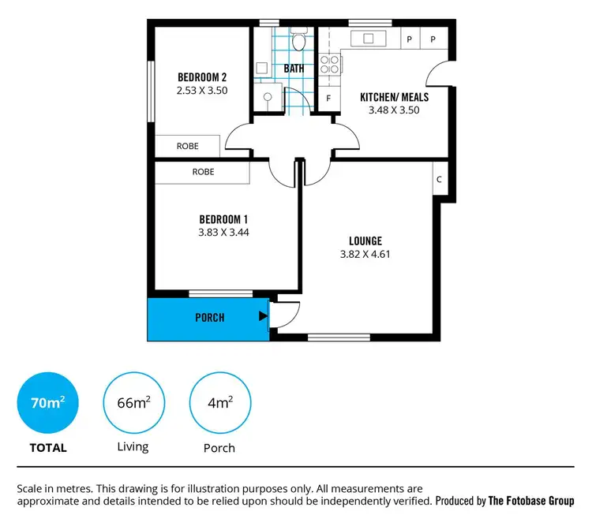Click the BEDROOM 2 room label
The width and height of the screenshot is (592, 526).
[x=202, y=77]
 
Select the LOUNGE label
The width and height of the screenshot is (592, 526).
[x=365, y=241]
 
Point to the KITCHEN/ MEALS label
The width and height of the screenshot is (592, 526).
[x=394, y=97]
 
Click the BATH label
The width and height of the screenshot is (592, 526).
[x=294, y=69]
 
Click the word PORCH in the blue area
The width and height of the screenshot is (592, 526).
[x=210, y=318]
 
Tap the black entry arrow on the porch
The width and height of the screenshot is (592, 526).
[x=263, y=317]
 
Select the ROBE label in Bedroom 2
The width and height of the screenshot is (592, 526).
[x=187, y=147]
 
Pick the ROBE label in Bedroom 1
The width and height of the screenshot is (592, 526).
[x=203, y=172]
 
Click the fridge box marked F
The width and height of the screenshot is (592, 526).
[x=328, y=99]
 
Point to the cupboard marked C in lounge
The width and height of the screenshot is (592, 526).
[x=439, y=179]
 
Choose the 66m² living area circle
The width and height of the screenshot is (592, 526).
[x=134, y=404]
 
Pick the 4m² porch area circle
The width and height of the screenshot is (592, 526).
[x=220, y=404]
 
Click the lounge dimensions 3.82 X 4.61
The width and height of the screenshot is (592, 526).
[x=365, y=254]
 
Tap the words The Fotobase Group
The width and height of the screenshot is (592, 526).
[x=531, y=501]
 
